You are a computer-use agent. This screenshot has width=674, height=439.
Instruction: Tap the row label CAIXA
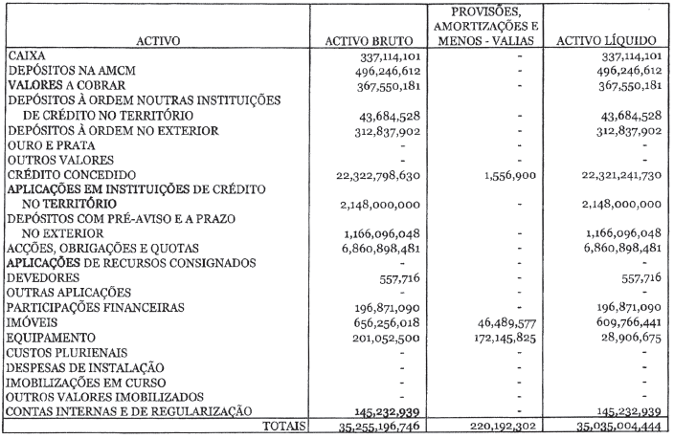click(x=26, y=56)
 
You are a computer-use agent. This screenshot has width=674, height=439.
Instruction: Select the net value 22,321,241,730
click(x=603, y=176)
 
